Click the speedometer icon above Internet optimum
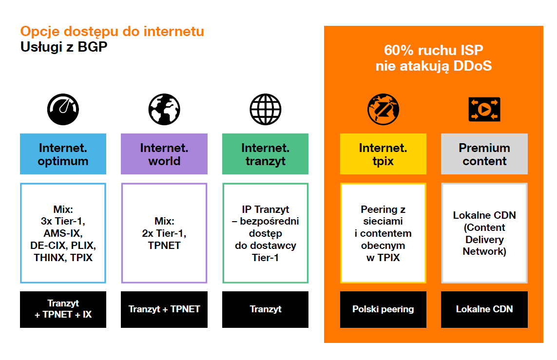(63, 109)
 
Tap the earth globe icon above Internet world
(164, 109)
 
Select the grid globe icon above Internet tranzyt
(266, 109)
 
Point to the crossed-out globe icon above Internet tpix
(383, 109)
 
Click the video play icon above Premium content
(484, 109)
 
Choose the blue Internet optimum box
(63, 154)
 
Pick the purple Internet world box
(164, 154)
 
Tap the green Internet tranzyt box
(266, 154)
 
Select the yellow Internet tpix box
(383, 154)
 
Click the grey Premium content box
(484, 154)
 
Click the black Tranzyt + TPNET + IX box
(63, 309)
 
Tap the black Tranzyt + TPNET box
(164, 309)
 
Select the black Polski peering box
(383, 309)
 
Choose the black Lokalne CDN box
(484, 309)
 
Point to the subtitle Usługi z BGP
(64, 47)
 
